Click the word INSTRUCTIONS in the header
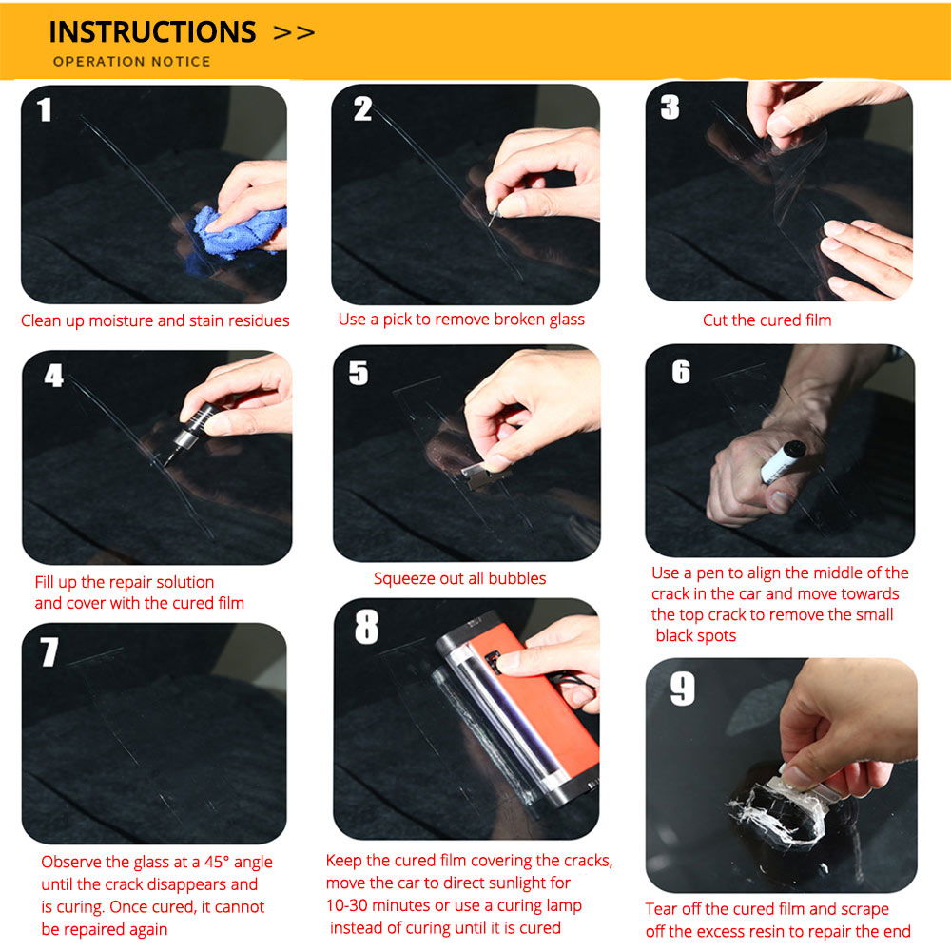point(152,32)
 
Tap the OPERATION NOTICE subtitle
point(131,61)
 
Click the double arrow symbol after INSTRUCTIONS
point(294,33)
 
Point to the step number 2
point(362,109)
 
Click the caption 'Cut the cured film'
point(767,320)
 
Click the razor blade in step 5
point(483,471)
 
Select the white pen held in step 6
point(783,461)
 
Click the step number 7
point(49,652)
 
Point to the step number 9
point(682,689)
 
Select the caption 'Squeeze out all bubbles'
point(459,578)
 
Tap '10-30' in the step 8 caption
point(346,905)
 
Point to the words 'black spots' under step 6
point(696,635)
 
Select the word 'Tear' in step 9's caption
point(661,909)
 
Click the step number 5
point(359,373)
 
